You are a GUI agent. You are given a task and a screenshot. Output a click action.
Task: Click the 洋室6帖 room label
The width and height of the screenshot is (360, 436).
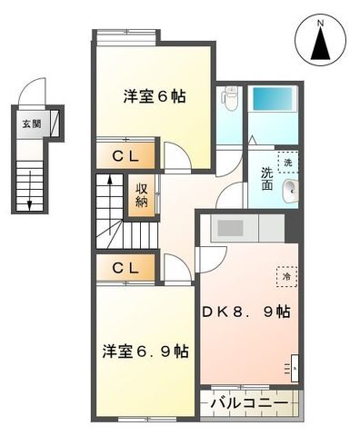[155, 95]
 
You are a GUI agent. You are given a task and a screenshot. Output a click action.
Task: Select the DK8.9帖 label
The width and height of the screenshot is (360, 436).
[246, 312]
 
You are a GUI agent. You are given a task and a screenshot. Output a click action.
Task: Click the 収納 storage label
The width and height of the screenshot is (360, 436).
[143, 195]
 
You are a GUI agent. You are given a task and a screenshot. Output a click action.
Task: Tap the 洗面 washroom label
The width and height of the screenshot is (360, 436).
[267, 178]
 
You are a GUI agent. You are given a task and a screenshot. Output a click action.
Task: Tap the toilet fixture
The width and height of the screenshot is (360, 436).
[230, 98]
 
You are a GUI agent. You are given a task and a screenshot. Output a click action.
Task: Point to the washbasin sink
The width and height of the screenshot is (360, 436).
[290, 190]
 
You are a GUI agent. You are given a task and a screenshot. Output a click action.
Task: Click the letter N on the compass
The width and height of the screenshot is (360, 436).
[319, 19]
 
